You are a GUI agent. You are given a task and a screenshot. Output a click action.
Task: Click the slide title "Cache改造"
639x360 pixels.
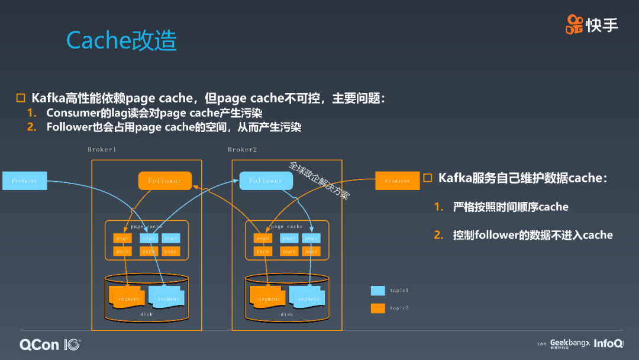[121, 40]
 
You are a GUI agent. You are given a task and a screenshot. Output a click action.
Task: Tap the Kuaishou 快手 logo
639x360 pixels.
[592, 24]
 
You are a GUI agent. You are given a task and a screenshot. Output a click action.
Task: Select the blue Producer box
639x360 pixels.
[24, 181]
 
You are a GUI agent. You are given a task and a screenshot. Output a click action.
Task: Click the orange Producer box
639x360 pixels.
[397, 181]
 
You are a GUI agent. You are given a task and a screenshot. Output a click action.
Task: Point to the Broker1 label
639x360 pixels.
[102, 150]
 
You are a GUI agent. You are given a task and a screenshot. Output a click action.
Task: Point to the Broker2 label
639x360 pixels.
[243, 150]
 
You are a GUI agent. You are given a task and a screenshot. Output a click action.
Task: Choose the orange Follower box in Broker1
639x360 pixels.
[165, 181]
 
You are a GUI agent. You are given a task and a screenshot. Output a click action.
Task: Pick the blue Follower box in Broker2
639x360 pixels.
[266, 181]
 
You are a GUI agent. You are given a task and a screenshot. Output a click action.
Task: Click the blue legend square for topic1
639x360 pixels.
[377, 291]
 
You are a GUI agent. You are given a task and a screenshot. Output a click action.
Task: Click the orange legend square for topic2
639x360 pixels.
[377, 308]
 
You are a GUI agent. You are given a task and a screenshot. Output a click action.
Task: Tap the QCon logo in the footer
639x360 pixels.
[50, 344]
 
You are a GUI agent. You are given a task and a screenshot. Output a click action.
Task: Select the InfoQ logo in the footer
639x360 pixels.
[608, 343]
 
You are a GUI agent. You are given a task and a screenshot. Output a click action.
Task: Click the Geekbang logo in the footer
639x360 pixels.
[570, 343]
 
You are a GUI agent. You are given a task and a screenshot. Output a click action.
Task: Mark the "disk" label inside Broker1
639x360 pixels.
[146, 314]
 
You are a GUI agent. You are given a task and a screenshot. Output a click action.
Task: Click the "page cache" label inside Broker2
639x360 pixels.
[286, 227]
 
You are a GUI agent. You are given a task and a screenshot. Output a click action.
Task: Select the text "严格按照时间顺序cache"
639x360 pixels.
[510, 207]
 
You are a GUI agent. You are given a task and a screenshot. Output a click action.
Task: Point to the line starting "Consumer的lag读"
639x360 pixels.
[154, 113]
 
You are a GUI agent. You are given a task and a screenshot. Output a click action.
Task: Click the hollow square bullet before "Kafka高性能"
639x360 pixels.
[21, 98]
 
